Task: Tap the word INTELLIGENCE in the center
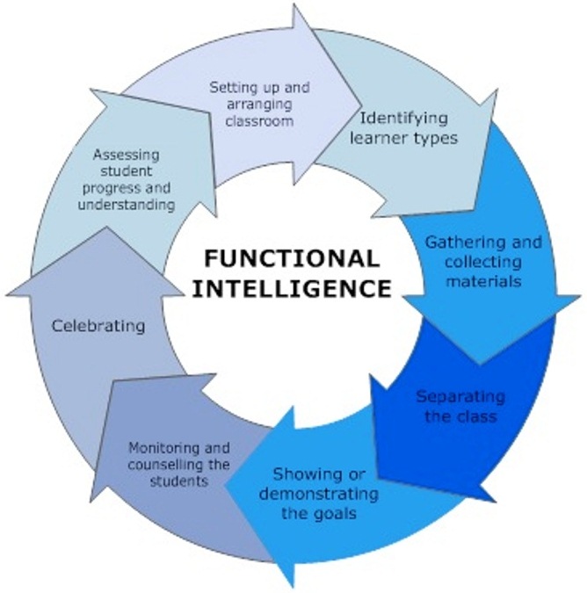point(293,287)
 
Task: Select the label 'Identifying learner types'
point(404,127)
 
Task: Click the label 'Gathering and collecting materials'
point(483,262)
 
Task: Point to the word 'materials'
point(483,282)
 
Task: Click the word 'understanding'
point(134,204)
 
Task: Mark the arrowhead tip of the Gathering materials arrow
point(480,362)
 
